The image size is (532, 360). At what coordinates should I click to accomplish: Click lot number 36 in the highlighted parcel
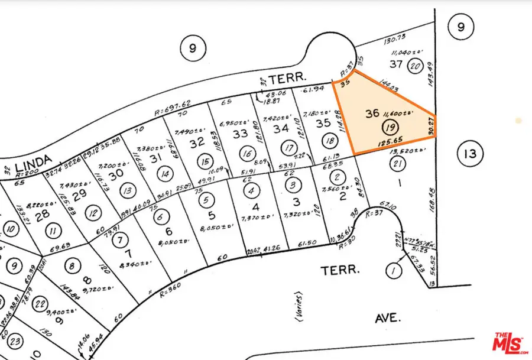pos(372,113)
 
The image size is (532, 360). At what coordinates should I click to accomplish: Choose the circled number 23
pos(16,341)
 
